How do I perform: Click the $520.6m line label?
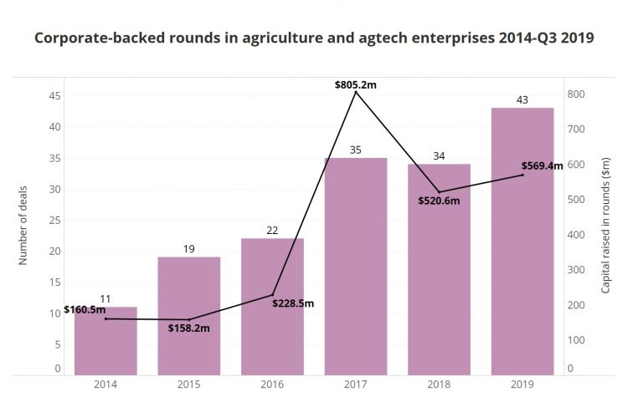pos(439,201)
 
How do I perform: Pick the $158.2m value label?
pos(188,328)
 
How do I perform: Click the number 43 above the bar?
pos(522,100)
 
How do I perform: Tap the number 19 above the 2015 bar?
pos(188,249)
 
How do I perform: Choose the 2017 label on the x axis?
pos(356,384)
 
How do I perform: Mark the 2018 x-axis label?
pos(439,384)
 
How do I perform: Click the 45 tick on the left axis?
pos(54,96)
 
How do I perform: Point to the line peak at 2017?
pos(356,91)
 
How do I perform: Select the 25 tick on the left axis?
pos(54,220)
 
